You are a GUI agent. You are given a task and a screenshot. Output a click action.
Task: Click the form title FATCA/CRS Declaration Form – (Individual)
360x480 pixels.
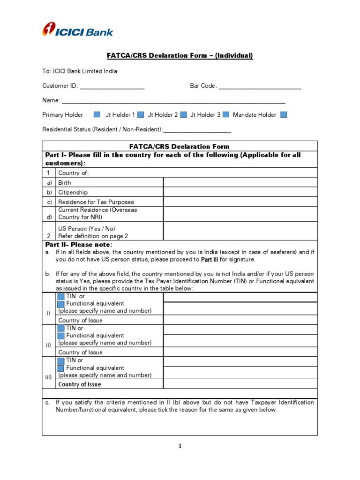point(180,56)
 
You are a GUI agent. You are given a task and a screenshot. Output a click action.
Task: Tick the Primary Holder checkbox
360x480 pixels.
point(97,114)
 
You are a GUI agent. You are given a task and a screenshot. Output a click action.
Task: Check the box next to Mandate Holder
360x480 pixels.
point(283,114)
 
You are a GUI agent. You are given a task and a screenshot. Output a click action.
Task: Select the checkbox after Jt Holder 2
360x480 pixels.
point(184,114)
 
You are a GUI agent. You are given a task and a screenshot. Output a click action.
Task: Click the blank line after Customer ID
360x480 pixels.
point(112,87)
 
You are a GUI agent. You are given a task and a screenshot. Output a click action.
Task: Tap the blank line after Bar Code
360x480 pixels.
point(260,87)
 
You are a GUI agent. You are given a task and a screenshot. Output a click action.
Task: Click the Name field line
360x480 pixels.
point(173,101)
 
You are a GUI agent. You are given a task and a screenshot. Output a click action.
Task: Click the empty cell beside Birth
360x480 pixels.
point(240,182)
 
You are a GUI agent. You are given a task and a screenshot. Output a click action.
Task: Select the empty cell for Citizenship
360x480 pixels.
point(240,192)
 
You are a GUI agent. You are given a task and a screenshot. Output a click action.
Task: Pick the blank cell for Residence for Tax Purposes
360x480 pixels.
point(240,202)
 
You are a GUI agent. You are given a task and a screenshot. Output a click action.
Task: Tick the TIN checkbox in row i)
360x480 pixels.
point(60,297)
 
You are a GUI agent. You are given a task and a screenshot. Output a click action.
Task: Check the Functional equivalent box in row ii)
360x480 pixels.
point(60,336)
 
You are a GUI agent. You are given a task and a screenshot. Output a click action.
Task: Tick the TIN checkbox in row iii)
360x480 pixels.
point(60,360)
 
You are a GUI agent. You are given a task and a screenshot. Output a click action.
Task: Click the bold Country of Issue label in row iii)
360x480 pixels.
point(80,384)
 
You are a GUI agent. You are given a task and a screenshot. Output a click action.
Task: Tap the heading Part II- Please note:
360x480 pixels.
point(79,245)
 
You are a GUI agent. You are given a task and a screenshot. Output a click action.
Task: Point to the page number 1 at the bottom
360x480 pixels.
point(180,446)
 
